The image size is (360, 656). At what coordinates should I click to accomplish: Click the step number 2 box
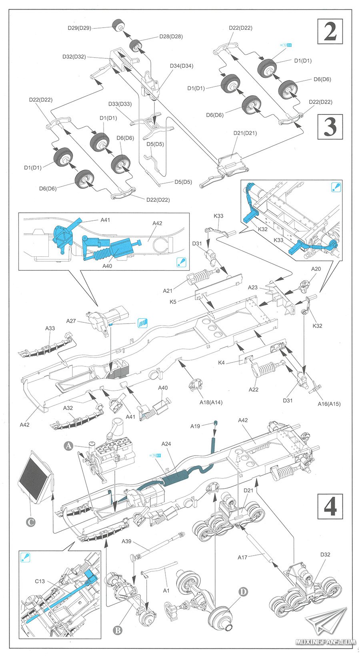tap(330, 31)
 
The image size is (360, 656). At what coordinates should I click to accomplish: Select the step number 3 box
tap(330, 127)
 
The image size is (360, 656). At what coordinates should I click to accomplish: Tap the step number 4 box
tap(330, 506)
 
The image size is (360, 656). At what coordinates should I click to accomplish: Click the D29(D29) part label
tap(79, 28)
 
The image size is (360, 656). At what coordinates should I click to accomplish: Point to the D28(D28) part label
tap(171, 36)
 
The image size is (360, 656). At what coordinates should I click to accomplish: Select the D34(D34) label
tap(181, 66)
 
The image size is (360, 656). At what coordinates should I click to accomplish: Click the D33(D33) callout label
tap(120, 104)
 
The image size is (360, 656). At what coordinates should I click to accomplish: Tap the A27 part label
tap(71, 321)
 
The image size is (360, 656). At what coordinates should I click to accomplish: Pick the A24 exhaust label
tap(166, 444)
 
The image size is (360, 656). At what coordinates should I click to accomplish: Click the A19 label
tap(195, 426)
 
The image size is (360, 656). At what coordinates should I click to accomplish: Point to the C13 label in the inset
tap(40, 581)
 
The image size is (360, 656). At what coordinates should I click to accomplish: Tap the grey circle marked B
tap(118, 630)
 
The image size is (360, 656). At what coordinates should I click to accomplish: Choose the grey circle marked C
tap(30, 522)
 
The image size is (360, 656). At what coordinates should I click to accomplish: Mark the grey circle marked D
tap(243, 591)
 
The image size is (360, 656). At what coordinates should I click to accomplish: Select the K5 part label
tap(173, 302)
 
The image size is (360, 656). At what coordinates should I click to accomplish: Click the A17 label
tap(242, 557)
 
